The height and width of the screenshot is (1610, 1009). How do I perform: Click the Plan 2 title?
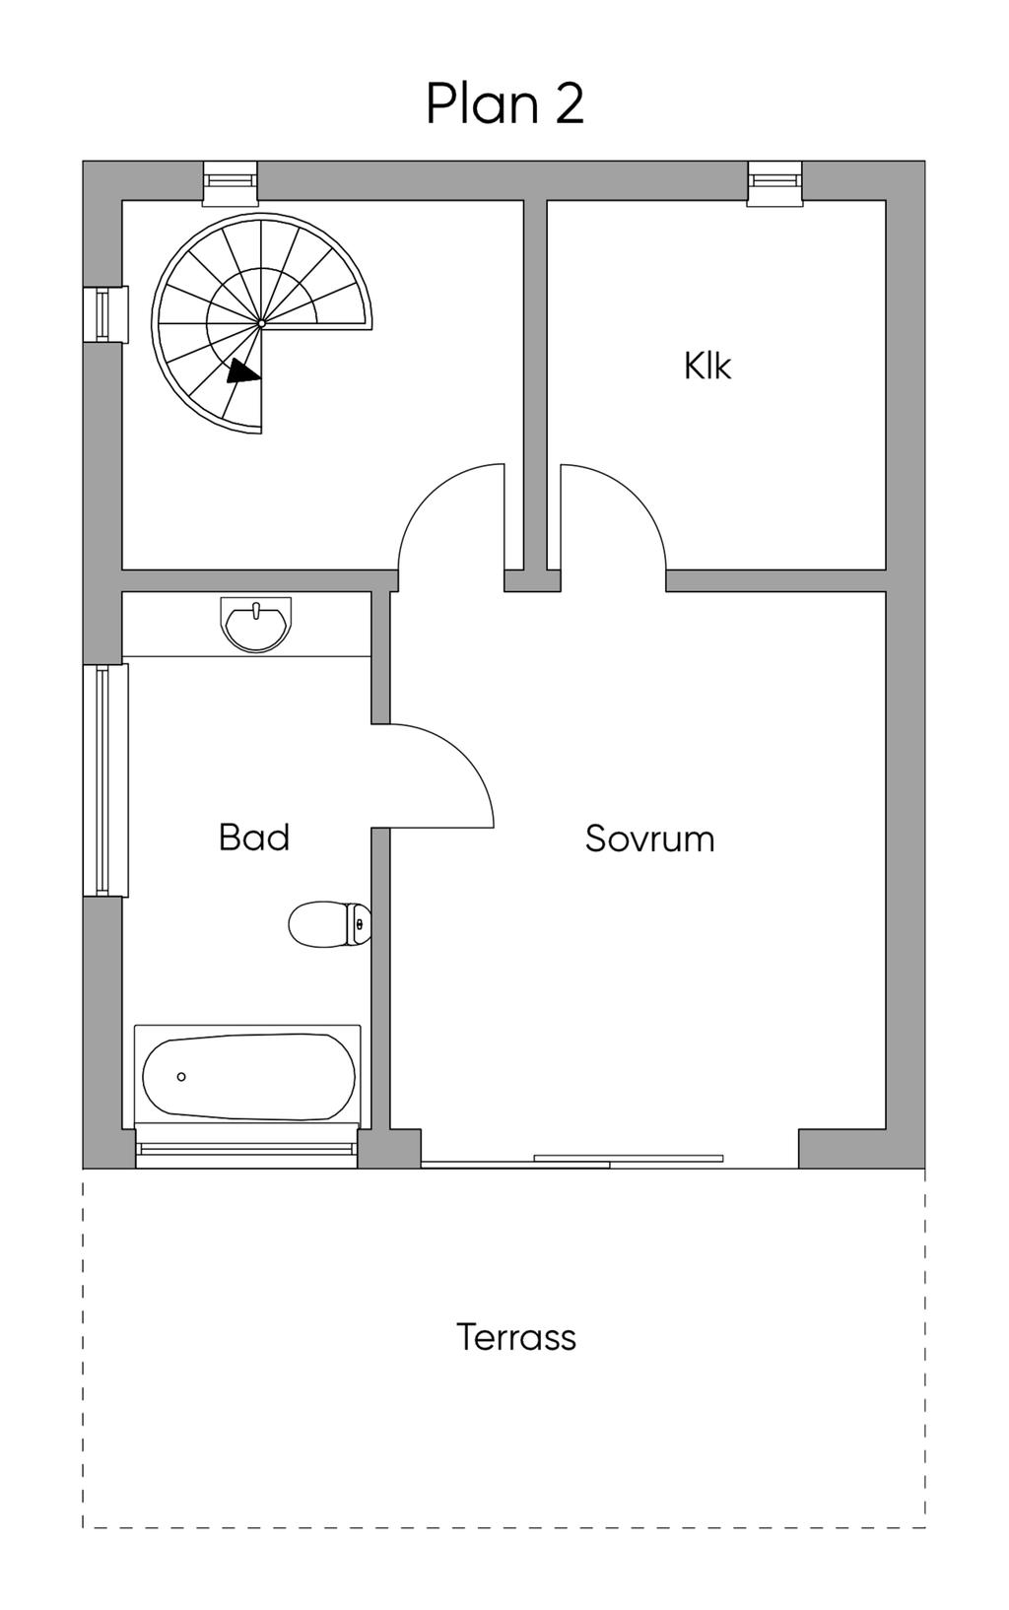pos(504,103)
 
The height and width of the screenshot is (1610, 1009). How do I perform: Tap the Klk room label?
pos(706,366)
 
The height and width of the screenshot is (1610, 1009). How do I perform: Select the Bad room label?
pos(253,838)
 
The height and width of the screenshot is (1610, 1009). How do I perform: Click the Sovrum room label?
pos(649,839)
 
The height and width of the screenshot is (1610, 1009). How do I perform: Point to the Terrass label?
pos(515,1337)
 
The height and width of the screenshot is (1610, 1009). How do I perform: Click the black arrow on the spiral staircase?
pos(242,371)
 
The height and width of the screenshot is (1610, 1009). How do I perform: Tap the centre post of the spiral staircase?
pos(261,322)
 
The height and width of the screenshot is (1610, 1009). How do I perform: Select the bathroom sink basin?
pos(256,626)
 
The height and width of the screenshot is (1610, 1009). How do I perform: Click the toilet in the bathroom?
pos(328,924)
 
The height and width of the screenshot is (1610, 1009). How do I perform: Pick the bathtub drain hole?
pos(181,1077)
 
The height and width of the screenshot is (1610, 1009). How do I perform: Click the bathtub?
pos(248,1077)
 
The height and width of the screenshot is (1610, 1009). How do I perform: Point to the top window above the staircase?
pos(230,183)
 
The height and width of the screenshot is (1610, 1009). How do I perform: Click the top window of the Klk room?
pos(774,183)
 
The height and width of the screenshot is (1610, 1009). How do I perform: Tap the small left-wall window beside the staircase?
pos(105,314)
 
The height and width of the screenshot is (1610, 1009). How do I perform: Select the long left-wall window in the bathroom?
pos(105,779)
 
